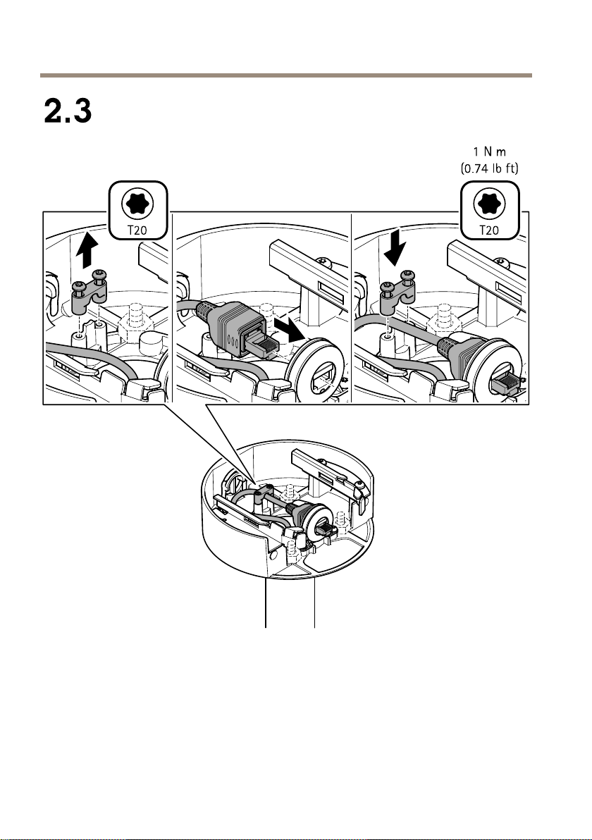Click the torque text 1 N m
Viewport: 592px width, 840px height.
[490, 152]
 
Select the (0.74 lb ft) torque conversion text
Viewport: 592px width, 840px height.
[490, 168]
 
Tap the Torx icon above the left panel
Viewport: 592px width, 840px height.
[137, 203]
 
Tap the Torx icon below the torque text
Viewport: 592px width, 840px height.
[489, 203]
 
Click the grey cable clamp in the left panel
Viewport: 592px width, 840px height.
[89, 292]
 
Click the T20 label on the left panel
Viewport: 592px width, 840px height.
[137, 230]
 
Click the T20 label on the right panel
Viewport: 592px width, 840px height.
[489, 230]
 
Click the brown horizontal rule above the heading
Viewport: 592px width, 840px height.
[286, 75]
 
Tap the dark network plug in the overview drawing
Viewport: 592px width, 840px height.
[325, 531]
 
